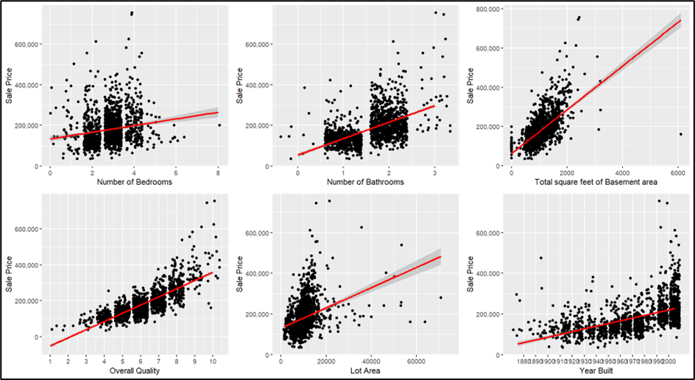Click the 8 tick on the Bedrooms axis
click(x=219, y=172)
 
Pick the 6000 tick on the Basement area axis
click(x=677, y=172)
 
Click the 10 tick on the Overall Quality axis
click(x=214, y=361)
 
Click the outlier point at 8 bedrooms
click(x=219, y=125)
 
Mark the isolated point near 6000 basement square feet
click(x=681, y=134)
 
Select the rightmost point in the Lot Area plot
click(x=440, y=298)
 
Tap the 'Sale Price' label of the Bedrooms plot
click(x=9, y=86)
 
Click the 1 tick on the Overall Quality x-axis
click(x=50, y=361)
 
